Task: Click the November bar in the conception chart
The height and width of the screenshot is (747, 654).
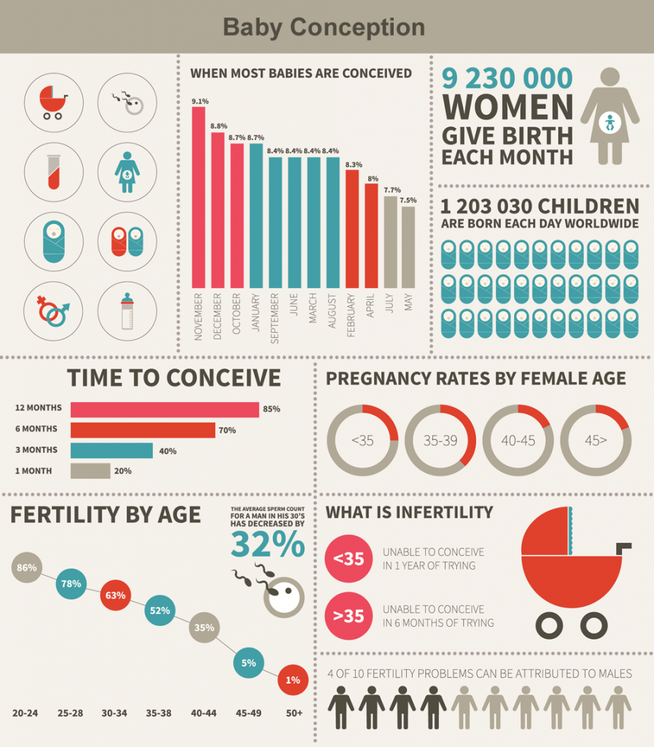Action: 198,197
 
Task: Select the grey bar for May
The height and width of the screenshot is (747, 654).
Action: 408,247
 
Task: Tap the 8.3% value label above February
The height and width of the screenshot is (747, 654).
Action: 354,164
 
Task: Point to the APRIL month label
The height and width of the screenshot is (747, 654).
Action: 370,306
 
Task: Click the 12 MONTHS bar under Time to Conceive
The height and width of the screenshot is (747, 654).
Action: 165,409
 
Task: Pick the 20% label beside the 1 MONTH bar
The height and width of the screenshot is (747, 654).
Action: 122,471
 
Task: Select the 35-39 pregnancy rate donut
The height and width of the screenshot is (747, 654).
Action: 440,440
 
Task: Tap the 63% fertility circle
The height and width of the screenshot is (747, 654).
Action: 115,595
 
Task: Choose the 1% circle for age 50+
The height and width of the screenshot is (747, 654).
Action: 292,680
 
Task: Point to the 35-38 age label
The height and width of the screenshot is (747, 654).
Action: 158,713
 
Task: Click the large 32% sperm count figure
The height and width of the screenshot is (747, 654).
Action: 268,543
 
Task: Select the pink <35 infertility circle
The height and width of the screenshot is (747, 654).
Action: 349,558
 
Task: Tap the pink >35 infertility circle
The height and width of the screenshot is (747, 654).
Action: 349,616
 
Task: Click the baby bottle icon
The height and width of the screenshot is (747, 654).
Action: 127,311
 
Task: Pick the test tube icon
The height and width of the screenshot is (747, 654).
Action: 54,171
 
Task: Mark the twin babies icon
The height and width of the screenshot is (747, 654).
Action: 127,241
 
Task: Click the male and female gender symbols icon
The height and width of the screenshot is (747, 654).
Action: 53,311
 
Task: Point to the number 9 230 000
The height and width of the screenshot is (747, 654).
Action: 507,78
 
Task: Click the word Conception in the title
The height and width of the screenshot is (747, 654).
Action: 357,27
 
